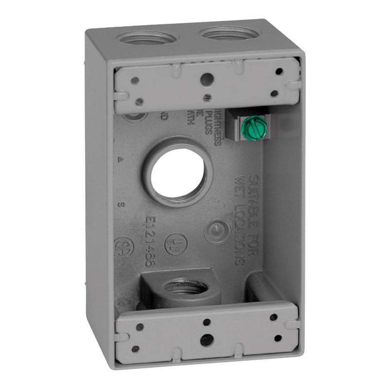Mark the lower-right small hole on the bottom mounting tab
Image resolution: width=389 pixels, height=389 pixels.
click(278, 338)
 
